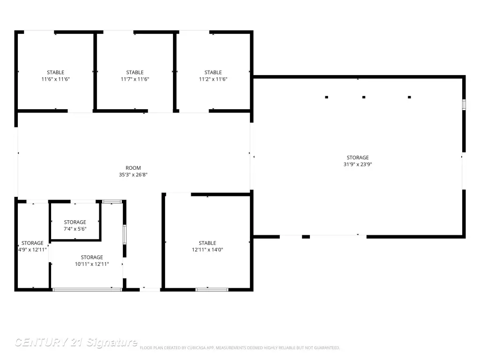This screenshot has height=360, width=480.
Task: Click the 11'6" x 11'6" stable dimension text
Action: (55, 79)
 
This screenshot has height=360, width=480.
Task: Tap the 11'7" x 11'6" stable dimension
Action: (135, 79)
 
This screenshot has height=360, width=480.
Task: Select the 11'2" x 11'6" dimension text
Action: (213, 79)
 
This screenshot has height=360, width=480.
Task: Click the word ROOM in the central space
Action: (133, 168)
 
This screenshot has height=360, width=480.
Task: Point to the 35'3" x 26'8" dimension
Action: (133, 175)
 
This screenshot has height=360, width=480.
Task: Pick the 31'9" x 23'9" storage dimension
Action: (358, 165)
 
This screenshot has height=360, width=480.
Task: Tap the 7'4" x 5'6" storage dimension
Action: (75, 229)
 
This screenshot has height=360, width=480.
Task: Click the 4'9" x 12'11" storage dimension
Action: (32, 250)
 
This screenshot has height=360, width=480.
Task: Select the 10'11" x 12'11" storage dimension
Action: (92, 264)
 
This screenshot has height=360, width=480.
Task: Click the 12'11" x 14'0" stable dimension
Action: (207, 250)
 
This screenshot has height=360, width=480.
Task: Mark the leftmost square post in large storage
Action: (327, 97)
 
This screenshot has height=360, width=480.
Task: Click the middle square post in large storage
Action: (364, 97)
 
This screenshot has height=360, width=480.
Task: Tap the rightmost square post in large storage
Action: (409, 97)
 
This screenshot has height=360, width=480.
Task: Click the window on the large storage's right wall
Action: (464, 105)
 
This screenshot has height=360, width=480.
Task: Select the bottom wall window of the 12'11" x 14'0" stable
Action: (212, 290)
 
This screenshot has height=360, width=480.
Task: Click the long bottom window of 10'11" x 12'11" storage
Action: (87, 290)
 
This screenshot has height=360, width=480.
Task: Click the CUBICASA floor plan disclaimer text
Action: (240, 348)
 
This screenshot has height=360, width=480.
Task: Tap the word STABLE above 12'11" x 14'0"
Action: (207, 243)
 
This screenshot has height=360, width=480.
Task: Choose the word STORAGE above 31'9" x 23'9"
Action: (358, 157)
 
